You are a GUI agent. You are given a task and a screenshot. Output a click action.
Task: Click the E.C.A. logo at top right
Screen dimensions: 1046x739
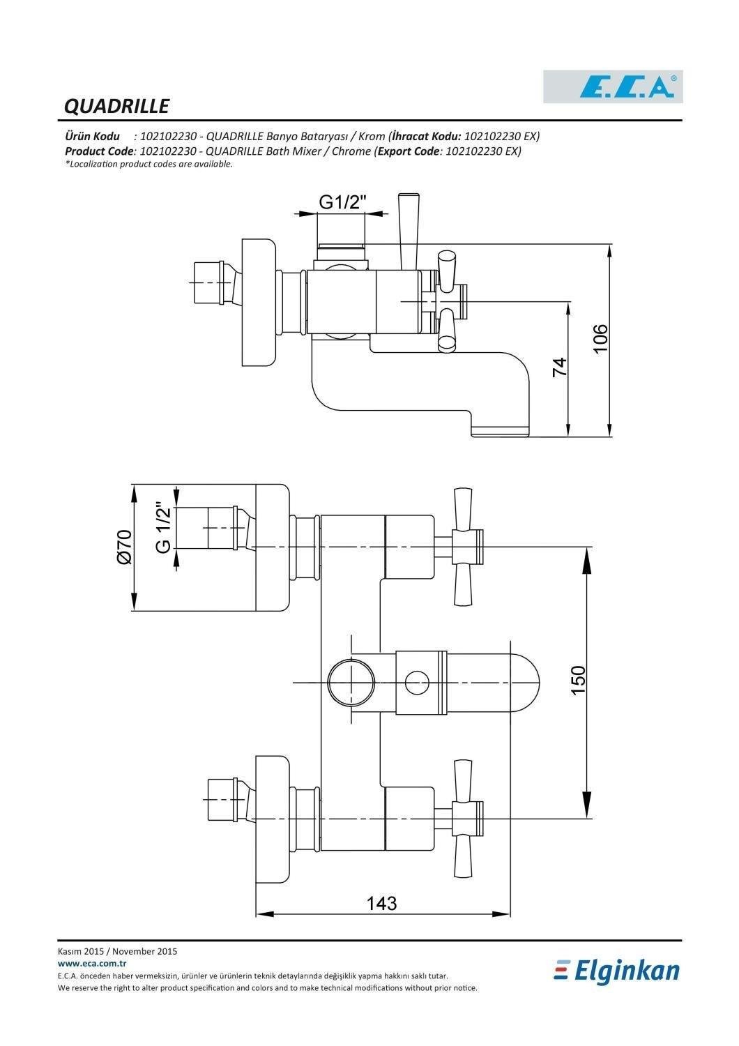(x=613, y=87)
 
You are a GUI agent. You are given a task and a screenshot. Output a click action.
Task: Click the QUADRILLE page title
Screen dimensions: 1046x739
(x=116, y=106)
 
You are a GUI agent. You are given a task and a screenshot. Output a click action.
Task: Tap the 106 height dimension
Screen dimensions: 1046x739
(x=600, y=338)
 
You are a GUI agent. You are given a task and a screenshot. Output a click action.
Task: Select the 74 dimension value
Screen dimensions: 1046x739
(x=560, y=367)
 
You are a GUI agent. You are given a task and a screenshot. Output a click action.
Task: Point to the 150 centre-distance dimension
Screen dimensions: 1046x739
(x=578, y=681)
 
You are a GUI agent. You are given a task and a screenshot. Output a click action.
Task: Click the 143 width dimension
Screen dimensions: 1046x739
(x=381, y=903)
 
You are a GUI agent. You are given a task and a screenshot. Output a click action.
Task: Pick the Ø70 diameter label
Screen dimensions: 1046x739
(x=124, y=547)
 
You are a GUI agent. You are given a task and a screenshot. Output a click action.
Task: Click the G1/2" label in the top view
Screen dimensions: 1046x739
(x=342, y=202)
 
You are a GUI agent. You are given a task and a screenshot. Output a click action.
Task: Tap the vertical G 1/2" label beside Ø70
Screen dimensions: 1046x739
(x=164, y=527)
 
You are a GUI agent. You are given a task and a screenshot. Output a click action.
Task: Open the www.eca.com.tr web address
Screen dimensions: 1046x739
(x=87, y=963)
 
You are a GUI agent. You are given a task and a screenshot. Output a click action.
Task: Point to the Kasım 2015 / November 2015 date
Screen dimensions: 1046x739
(x=118, y=951)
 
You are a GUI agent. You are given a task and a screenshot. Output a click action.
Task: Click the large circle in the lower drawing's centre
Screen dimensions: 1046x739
(x=352, y=682)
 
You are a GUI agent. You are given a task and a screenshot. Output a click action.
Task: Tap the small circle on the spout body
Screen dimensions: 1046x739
(x=417, y=681)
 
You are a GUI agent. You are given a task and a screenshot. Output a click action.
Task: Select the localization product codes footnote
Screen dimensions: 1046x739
(x=148, y=164)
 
